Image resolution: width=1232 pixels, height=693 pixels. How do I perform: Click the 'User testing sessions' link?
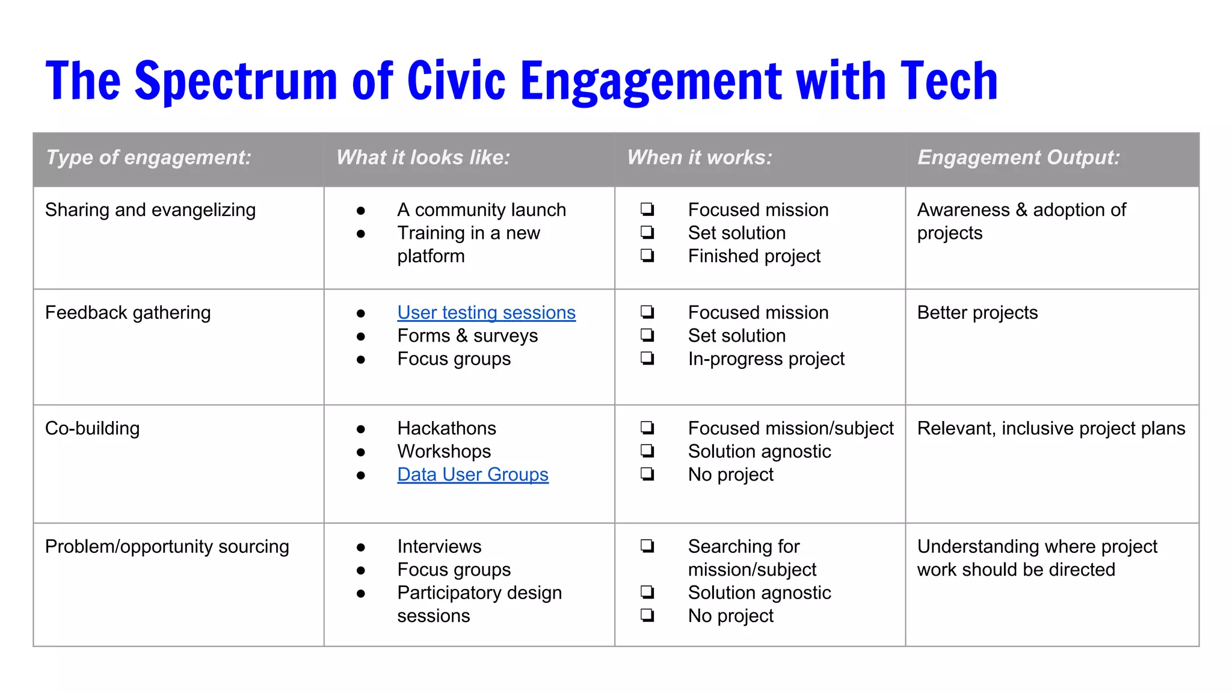click(x=486, y=313)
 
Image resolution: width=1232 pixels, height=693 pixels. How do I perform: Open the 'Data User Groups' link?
click(x=473, y=475)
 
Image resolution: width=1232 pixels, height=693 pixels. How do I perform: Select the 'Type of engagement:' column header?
click(x=149, y=158)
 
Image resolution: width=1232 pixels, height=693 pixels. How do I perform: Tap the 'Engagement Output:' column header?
click(x=1018, y=158)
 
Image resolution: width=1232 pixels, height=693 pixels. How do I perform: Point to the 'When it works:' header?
click(x=699, y=158)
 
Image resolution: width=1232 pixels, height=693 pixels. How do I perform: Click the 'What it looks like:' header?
click(x=423, y=158)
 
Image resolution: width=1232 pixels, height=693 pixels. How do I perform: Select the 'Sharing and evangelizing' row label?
click(x=150, y=210)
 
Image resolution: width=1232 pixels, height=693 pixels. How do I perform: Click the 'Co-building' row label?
click(x=92, y=428)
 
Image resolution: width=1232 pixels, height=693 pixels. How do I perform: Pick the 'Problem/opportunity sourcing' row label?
click(x=167, y=547)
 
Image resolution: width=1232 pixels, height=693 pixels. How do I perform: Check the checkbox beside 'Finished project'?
click(x=647, y=256)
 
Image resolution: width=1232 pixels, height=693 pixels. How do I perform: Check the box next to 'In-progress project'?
click(x=647, y=359)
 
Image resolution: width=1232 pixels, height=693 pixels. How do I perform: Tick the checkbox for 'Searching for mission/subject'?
click(x=647, y=546)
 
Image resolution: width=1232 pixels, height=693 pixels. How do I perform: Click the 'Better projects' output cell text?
click(x=977, y=313)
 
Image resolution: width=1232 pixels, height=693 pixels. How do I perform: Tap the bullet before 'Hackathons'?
click(x=361, y=429)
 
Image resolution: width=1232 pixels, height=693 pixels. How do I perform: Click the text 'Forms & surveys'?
click(x=467, y=336)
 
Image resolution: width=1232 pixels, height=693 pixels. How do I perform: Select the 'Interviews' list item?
click(x=439, y=547)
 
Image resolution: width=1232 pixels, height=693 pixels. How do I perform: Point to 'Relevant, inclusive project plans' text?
click(x=1051, y=428)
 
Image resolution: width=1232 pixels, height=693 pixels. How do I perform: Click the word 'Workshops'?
click(x=444, y=452)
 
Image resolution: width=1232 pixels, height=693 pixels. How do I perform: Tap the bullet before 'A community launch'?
click(x=361, y=211)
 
